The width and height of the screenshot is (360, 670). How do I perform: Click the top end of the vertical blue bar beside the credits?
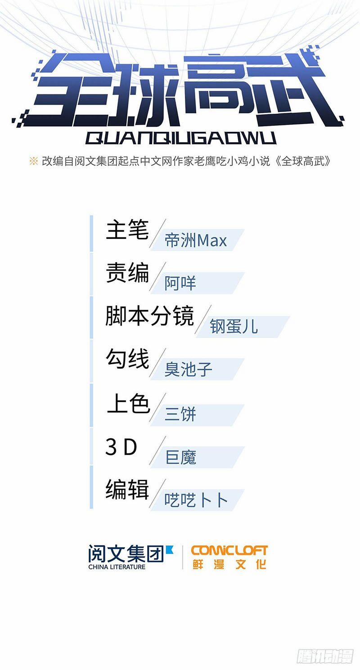click(91, 215)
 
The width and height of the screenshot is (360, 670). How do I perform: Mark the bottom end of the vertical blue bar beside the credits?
click(91, 508)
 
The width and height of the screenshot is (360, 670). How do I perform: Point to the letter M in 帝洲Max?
click(202, 240)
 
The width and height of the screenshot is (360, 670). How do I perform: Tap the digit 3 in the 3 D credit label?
click(111, 447)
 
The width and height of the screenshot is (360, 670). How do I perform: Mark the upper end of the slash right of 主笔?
click(166, 219)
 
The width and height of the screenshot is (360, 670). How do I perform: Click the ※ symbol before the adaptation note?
click(33, 161)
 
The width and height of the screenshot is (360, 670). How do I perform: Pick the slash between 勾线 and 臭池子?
click(157, 362)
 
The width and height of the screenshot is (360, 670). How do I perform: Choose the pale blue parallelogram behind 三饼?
click(197, 415)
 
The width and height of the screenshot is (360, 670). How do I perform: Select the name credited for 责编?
click(180, 283)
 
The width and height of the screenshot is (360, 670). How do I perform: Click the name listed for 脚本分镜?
click(234, 326)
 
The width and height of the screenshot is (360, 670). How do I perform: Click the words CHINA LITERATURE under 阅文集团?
click(117, 567)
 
